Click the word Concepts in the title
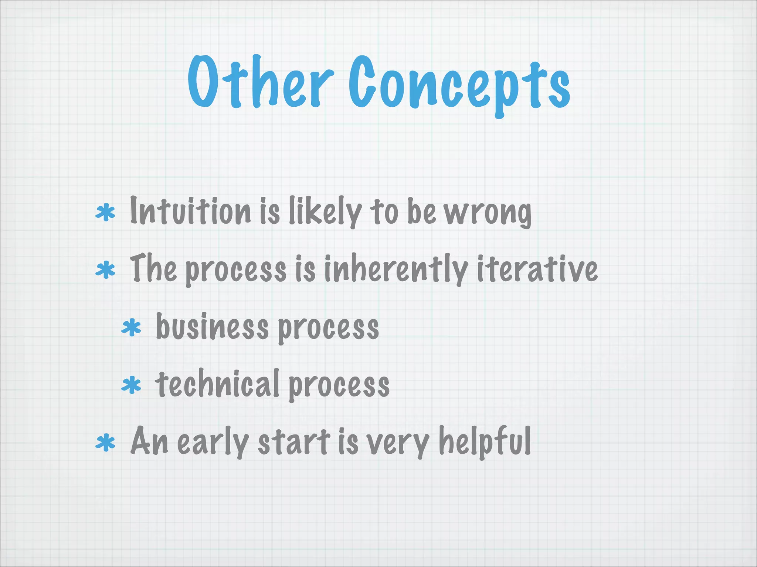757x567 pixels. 459,85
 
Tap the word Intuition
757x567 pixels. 190,211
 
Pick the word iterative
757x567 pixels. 537,269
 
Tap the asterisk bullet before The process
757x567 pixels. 105,270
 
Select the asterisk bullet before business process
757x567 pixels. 131,328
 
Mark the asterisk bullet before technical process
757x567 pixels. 131,385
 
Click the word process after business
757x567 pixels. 328,329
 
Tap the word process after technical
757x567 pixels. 339,386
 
